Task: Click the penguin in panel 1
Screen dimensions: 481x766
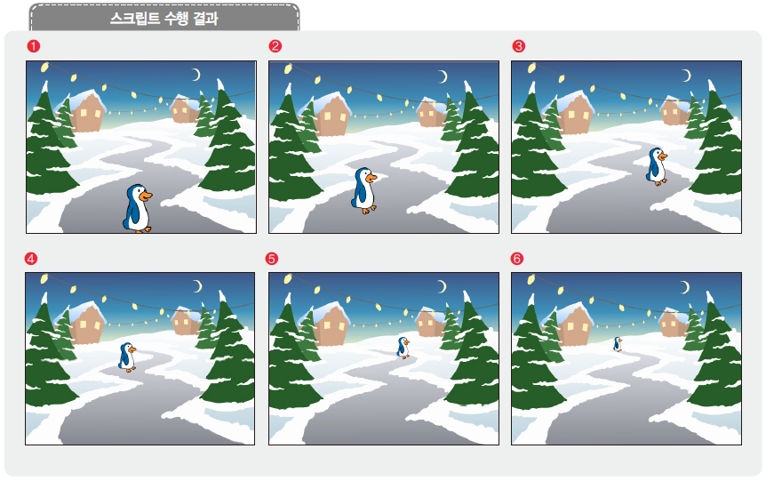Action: (x=137, y=208)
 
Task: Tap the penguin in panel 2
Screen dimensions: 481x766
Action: (x=363, y=190)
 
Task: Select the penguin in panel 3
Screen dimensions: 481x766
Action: (x=656, y=166)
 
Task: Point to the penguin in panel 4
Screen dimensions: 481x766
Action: (x=128, y=357)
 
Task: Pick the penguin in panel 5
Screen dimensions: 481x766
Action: (x=403, y=347)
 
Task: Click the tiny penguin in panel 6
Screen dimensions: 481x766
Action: (x=617, y=343)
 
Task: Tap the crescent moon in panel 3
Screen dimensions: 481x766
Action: (x=685, y=76)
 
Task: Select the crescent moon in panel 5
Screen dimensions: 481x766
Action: (x=442, y=286)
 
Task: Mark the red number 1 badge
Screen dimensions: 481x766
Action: (x=32, y=45)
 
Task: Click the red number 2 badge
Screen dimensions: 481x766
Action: (x=275, y=45)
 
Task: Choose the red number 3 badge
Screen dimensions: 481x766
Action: (x=519, y=45)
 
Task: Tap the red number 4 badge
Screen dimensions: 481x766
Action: (x=32, y=259)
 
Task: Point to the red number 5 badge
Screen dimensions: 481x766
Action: (x=273, y=259)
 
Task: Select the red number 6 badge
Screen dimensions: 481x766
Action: (x=517, y=259)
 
